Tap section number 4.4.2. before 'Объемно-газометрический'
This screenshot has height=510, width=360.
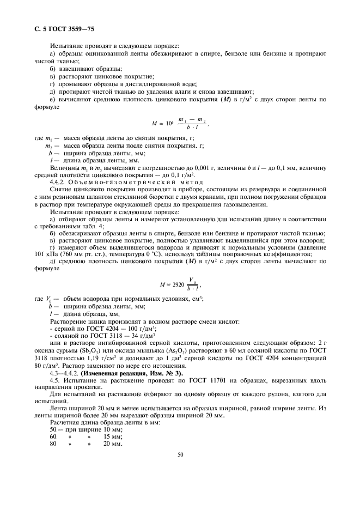point(59,183)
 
